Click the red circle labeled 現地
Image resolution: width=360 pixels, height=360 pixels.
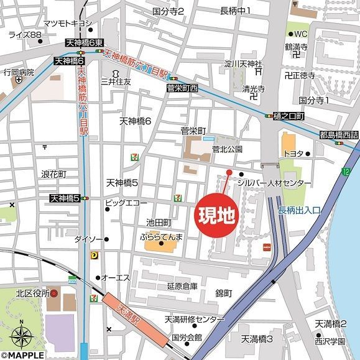[216, 216]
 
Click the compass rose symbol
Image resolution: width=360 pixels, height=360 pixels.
[22, 336]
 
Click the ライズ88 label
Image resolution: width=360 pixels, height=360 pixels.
[21, 35]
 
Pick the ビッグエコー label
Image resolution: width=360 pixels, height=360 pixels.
[126, 203]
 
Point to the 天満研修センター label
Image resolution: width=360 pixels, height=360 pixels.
[185, 320]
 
